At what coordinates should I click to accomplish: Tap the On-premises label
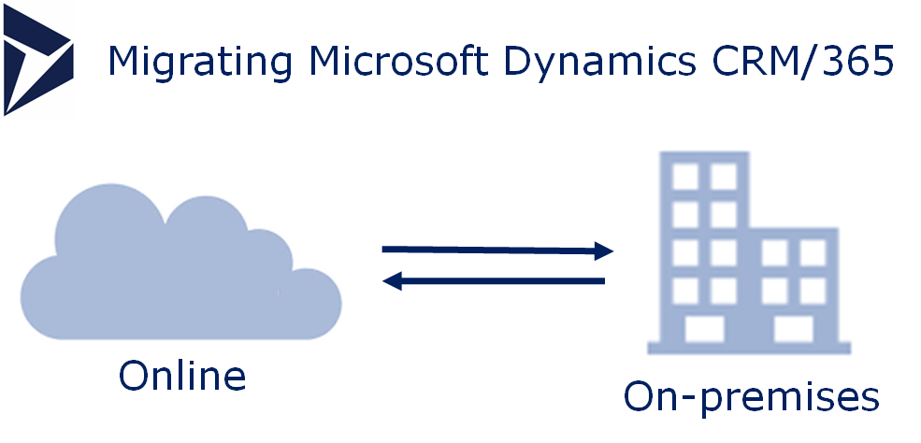(751, 395)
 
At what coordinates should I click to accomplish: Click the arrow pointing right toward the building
(496, 250)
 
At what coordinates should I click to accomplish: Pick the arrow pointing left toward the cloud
(496, 279)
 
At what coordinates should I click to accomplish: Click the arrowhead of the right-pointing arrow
(603, 250)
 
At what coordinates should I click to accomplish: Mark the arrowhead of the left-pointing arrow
(394, 279)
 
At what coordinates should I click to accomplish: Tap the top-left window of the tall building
(685, 177)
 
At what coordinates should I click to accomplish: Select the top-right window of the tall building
(723, 177)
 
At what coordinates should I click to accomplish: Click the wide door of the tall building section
(705, 328)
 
